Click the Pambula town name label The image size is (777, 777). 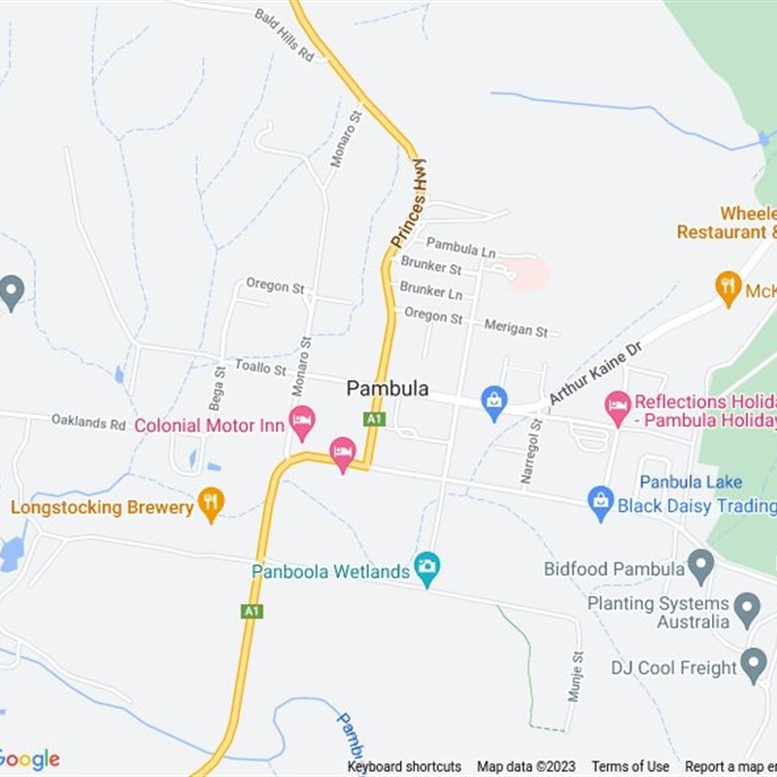coord(388,388)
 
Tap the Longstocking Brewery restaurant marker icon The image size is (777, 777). coord(211,503)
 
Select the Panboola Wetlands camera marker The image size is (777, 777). coord(426,568)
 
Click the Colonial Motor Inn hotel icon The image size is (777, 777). coord(302,422)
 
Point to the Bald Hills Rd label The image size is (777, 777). coord(284,36)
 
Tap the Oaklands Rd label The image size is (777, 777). coord(88,422)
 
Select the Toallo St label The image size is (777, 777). coord(260,368)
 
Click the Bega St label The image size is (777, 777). coord(219,387)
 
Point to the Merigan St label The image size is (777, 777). coord(516,329)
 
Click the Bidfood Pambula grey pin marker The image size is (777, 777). coord(700,565)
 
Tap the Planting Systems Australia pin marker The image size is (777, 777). coord(746,609)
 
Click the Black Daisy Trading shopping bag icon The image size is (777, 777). coord(601,502)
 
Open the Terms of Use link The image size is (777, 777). coord(630,766)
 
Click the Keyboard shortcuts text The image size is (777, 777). coord(404,766)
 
